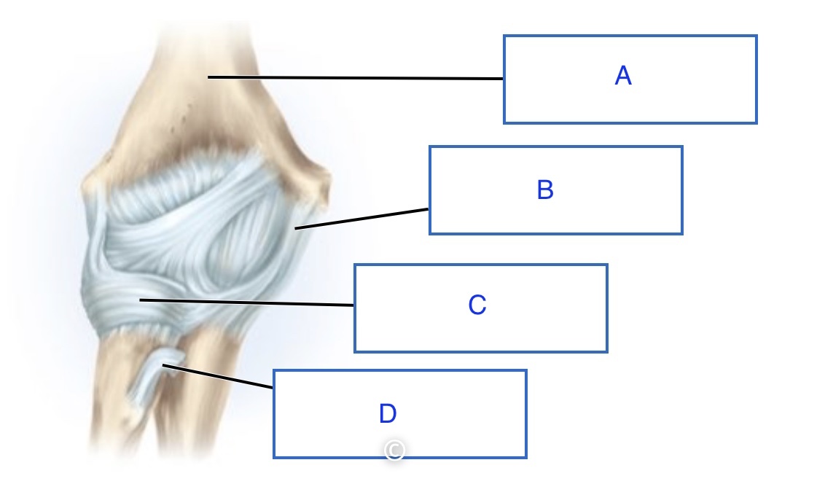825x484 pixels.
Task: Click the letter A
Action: pyautogui.click(x=622, y=76)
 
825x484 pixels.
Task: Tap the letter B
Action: pyautogui.click(x=545, y=190)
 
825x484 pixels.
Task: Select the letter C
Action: pyautogui.click(x=477, y=305)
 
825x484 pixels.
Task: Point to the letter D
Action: pyautogui.click(x=387, y=414)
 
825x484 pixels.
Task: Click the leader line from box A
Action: pyautogui.click(x=357, y=77)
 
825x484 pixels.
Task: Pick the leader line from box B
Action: pyautogui.click(x=362, y=219)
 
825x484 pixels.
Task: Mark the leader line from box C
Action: pyautogui.click(x=248, y=302)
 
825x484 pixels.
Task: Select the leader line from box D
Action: pyautogui.click(x=219, y=376)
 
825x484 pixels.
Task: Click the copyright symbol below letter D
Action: pyautogui.click(x=394, y=450)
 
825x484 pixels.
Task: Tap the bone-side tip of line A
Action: pyautogui.click(x=208, y=77)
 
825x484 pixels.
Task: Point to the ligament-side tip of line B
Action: pyautogui.click(x=296, y=229)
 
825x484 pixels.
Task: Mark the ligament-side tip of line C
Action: pyautogui.click(x=141, y=300)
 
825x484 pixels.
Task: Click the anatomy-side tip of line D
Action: pyautogui.click(x=163, y=365)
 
